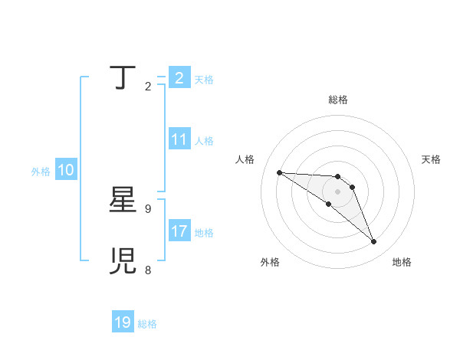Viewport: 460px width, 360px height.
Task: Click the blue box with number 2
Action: click(179, 77)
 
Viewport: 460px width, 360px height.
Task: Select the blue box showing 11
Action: click(179, 139)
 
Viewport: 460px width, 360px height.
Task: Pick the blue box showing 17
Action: click(179, 231)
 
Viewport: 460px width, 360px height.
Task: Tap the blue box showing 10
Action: click(65, 171)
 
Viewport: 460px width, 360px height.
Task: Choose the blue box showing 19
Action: click(123, 322)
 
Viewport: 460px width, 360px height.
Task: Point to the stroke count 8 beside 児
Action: click(147, 270)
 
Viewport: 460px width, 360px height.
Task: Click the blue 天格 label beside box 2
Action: click(204, 79)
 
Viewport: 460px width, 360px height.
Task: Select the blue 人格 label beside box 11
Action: click(204, 141)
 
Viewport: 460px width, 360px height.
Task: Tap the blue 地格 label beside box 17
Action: click(204, 233)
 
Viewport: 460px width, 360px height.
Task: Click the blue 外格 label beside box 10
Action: click(41, 172)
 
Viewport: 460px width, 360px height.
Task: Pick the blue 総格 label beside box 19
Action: click(147, 324)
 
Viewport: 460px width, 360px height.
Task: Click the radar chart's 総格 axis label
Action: click(338, 100)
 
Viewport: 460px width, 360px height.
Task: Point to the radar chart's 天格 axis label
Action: click(432, 159)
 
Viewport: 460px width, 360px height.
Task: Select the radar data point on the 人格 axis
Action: click(279, 172)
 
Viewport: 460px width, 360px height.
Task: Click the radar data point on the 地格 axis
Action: click(374, 242)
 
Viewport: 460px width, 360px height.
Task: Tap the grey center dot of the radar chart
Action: click(338, 191)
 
